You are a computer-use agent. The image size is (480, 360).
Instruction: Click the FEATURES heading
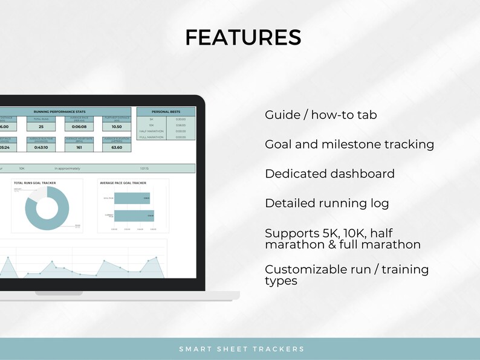(x=243, y=37)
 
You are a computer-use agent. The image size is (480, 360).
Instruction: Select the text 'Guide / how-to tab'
(x=320, y=115)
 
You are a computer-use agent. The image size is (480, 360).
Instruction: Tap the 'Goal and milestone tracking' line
(x=349, y=144)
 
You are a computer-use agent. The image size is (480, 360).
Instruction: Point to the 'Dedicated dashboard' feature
(x=329, y=174)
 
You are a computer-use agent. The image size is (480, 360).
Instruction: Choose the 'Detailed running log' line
(x=326, y=204)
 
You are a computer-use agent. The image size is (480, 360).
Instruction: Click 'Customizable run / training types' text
(x=346, y=275)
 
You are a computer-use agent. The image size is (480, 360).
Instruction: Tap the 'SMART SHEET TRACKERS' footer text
(x=242, y=349)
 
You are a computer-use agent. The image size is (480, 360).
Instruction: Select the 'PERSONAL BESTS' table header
(x=166, y=112)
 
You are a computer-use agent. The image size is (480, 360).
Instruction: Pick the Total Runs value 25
(x=41, y=127)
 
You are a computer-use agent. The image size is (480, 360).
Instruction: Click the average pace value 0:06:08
(x=79, y=127)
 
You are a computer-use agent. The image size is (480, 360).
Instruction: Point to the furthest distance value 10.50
(x=117, y=127)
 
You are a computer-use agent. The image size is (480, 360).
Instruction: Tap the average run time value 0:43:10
(x=41, y=147)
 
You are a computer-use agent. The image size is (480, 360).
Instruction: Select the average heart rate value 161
(x=79, y=147)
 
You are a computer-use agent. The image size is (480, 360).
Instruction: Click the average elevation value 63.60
(x=117, y=147)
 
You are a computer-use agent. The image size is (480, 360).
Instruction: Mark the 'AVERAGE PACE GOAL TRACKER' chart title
(x=122, y=182)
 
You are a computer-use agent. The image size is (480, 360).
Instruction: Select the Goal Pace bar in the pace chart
(x=131, y=198)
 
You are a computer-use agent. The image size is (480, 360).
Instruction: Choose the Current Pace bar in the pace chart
(x=134, y=216)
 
